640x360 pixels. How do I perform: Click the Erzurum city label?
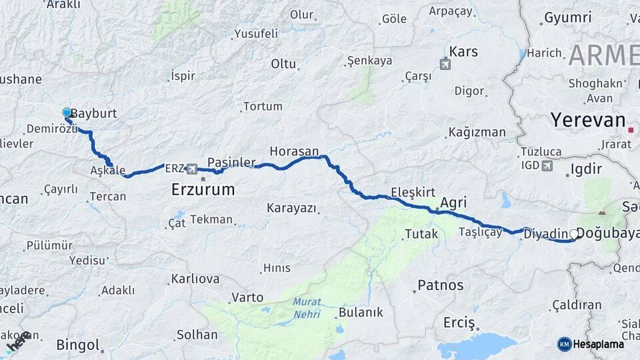(203, 189)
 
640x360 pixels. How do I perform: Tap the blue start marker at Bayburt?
(67, 113)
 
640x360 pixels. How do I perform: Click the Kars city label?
(464, 51)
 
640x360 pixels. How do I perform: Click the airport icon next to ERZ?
(193, 169)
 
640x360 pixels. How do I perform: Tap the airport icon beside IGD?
(548, 166)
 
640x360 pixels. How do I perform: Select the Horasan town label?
(294, 151)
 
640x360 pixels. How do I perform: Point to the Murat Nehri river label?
(307, 307)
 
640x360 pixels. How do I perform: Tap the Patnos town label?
(440, 285)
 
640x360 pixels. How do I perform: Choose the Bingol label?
(78, 345)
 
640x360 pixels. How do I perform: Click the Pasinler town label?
(231, 163)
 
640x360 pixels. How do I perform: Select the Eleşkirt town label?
(413, 190)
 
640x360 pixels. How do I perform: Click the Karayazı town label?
(291, 209)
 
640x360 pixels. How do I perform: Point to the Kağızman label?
(477, 132)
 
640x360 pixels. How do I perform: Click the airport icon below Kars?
(445, 65)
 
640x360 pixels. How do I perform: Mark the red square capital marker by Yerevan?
(630, 123)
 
